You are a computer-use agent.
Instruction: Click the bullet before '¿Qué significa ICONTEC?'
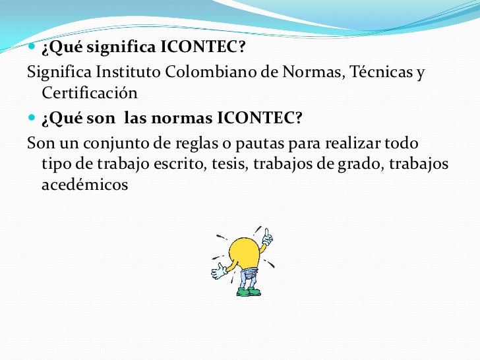tap(32, 48)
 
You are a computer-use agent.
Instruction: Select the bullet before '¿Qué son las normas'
tap(32, 119)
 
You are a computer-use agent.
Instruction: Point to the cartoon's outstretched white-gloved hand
tap(218, 271)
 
